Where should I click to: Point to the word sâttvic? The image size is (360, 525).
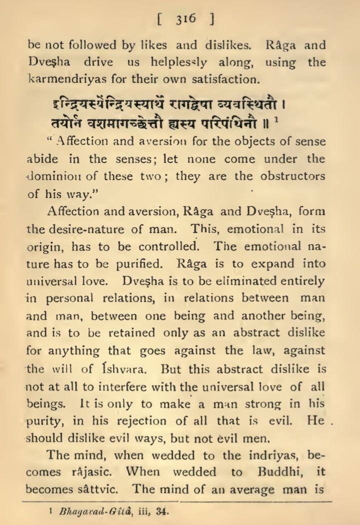pos(101,488)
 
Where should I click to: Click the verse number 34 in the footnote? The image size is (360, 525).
pos(161,512)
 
